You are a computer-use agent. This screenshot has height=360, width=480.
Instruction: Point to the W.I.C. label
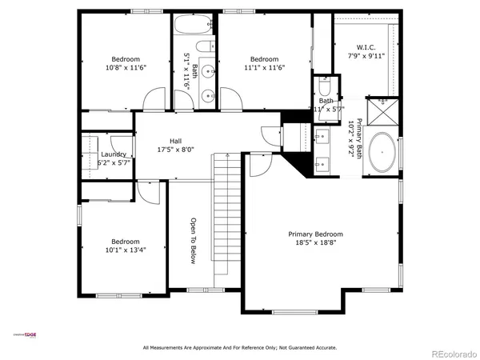[x=366, y=47]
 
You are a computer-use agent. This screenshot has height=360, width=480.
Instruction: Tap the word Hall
[x=175, y=141]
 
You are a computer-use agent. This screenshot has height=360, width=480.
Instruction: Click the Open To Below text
[x=193, y=241]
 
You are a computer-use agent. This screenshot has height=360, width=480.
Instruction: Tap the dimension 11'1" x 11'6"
[x=264, y=68]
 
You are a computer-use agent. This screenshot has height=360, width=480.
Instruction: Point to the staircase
[x=226, y=216]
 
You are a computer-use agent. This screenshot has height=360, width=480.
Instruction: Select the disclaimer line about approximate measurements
[x=239, y=348]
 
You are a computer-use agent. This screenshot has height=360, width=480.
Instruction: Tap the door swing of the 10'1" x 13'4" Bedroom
[x=149, y=191]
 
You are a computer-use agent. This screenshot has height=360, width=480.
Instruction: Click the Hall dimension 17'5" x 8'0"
[x=175, y=150]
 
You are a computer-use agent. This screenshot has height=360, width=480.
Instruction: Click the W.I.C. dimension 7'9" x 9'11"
[x=366, y=57]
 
